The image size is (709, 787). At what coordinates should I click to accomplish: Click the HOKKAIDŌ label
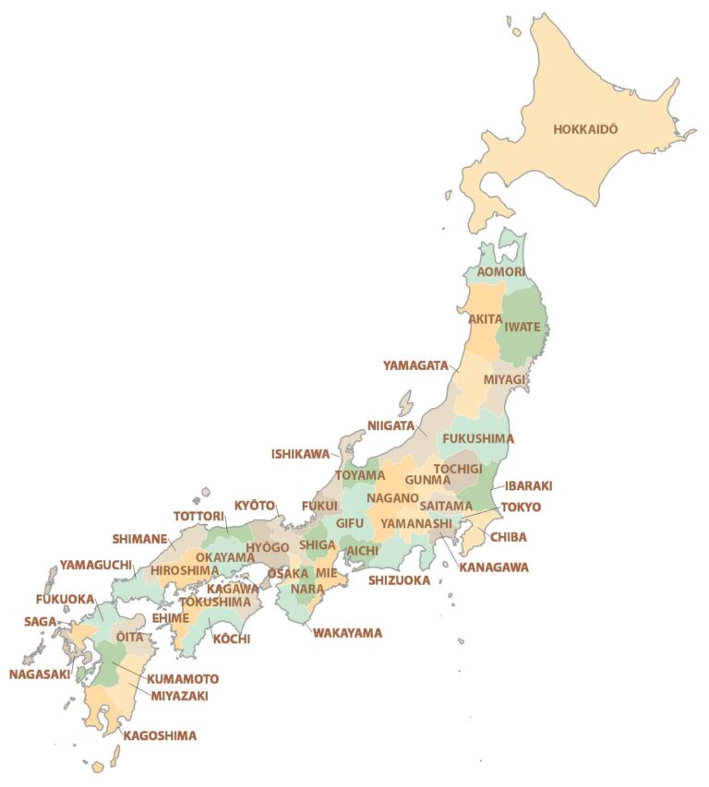tap(585, 129)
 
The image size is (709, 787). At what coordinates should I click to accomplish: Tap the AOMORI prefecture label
tap(502, 272)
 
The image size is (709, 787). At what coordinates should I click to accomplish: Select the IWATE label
tap(523, 327)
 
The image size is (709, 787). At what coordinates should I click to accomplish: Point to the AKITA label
tap(485, 318)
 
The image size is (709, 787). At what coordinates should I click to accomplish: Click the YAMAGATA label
tap(415, 365)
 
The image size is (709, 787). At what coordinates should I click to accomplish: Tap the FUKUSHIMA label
tap(478, 438)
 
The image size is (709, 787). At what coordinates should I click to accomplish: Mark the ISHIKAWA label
tap(300, 454)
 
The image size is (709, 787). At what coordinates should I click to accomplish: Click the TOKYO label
tap(521, 507)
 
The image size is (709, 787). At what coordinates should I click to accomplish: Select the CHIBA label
tap(509, 537)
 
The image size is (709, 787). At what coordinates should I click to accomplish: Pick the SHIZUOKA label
tap(400, 580)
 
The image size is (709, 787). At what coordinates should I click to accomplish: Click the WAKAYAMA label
tap(347, 633)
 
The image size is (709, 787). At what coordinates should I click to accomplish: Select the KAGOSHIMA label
tap(160, 735)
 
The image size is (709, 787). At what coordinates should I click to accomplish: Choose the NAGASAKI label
tap(40, 674)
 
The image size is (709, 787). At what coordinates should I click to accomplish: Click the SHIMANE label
tap(140, 539)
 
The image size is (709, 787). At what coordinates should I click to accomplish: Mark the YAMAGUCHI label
tap(96, 565)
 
